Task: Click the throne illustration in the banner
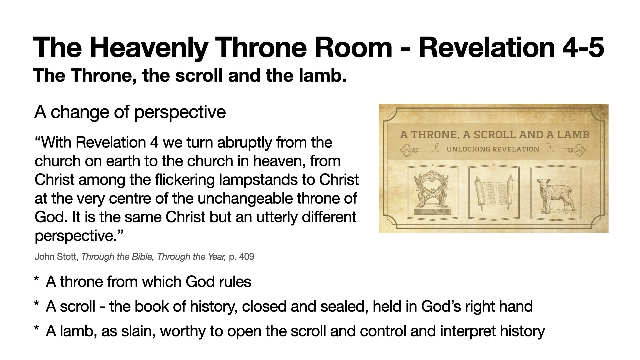tap(432, 192)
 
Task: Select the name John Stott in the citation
tap(56, 257)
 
